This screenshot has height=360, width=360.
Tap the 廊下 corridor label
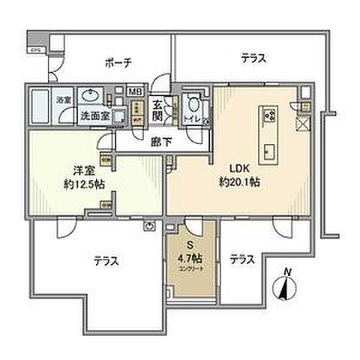point(157,140)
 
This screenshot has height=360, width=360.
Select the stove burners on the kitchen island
point(268,115)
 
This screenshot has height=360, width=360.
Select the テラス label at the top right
point(254,57)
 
